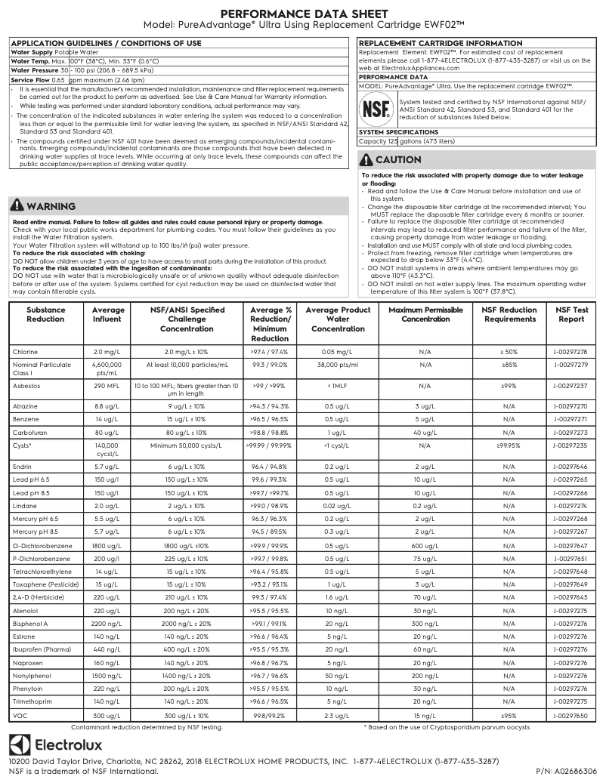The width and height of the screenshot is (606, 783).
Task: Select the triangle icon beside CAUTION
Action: point(367,159)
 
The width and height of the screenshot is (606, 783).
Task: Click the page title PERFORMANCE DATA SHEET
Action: point(303,14)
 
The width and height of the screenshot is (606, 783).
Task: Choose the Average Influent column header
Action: point(108,314)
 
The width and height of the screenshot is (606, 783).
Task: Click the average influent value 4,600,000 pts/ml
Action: point(108,368)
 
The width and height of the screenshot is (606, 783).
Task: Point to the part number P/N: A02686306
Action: point(566,771)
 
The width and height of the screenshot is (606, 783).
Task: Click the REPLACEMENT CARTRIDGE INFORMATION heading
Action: point(440,44)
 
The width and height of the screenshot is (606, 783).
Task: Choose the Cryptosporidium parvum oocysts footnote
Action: point(447,726)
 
